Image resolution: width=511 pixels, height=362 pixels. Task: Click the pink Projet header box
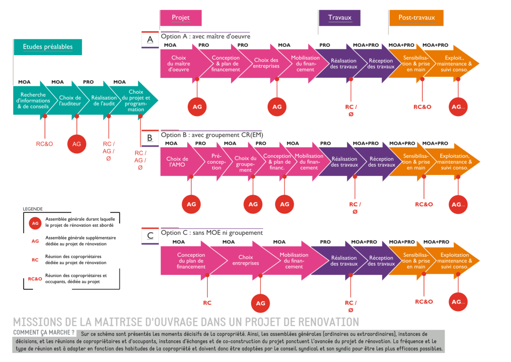(x=181, y=18)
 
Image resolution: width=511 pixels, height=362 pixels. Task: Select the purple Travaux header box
(x=339, y=18)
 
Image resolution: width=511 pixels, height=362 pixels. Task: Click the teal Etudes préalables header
(x=48, y=47)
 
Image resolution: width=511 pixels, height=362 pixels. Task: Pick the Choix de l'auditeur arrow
(x=70, y=101)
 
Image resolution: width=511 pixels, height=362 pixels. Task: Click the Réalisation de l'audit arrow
(x=104, y=101)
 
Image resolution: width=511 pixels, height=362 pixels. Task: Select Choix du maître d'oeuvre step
(x=178, y=64)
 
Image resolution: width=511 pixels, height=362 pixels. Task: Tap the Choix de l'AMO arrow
(x=177, y=162)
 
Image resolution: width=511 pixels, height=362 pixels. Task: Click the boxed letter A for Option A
(x=150, y=40)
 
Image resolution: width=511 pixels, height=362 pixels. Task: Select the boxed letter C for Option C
(x=150, y=236)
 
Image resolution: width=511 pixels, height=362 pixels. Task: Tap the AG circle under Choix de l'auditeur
(x=76, y=144)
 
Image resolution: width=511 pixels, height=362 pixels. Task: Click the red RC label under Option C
(x=207, y=302)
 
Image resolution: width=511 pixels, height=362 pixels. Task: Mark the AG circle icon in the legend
(x=35, y=222)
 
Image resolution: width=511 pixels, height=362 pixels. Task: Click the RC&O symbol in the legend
(x=35, y=279)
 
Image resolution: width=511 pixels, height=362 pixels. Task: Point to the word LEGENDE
(x=33, y=209)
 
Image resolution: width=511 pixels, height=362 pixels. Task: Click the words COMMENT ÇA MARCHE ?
(x=44, y=333)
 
